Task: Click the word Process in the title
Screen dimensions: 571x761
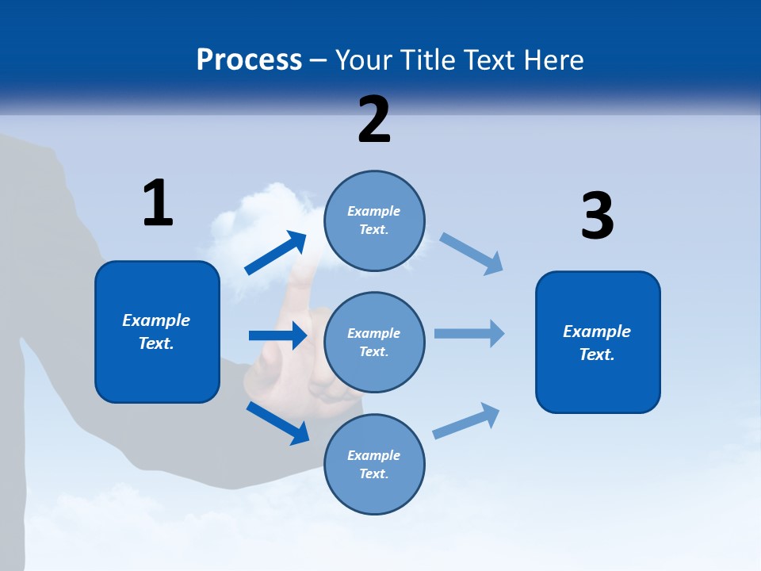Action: click(249, 59)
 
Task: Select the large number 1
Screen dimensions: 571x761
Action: click(157, 203)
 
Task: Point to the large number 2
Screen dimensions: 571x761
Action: click(374, 120)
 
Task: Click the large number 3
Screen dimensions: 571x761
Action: click(597, 217)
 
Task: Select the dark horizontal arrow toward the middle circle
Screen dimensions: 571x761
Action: click(277, 335)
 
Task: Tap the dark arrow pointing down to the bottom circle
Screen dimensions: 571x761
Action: click(277, 423)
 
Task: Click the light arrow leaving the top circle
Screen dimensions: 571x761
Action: click(472, 253)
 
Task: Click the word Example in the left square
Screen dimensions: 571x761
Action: click(156, 320)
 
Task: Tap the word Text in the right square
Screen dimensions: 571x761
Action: click(596, 354)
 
